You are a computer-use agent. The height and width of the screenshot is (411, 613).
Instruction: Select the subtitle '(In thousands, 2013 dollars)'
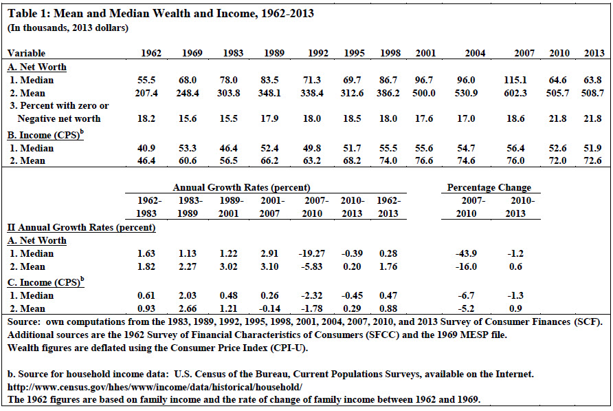(x=67, y=28)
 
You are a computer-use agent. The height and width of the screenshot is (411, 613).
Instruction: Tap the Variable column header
(x=26, y=53)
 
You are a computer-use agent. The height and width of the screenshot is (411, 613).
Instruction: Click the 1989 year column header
(x=274, y=53)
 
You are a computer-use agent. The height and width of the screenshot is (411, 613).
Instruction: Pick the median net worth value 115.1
(x=515, y=80)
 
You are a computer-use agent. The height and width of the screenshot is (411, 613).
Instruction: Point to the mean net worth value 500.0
(x=424, y=93)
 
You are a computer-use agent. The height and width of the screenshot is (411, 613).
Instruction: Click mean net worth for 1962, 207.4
(x=146, y=93)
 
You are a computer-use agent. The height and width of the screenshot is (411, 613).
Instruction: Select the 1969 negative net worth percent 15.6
(x=188, y=118)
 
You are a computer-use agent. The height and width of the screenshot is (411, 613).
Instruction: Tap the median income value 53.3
(x=188, y=148)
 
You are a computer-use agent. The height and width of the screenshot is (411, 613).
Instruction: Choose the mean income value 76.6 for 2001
(x=424, y=160)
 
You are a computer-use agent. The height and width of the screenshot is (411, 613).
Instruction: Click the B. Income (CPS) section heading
(x=46, y=135)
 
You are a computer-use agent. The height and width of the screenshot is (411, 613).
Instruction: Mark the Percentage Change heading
(x=489, y=187)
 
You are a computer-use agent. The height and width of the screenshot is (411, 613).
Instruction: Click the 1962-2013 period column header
(x=388, y=207)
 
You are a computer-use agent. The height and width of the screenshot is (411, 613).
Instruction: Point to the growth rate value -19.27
(x=312, y=253)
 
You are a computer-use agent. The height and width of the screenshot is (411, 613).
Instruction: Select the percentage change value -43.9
(x=466, y=253)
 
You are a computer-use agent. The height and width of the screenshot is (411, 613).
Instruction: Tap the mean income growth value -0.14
(x=269, y=308)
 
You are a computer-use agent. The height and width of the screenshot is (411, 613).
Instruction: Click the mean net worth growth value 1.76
(x=388, y=266)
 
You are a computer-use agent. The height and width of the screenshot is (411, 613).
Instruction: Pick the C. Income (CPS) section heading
(x=46, y=282)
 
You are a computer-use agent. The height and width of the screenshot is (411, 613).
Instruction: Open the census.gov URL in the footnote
(x=155, y=387)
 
